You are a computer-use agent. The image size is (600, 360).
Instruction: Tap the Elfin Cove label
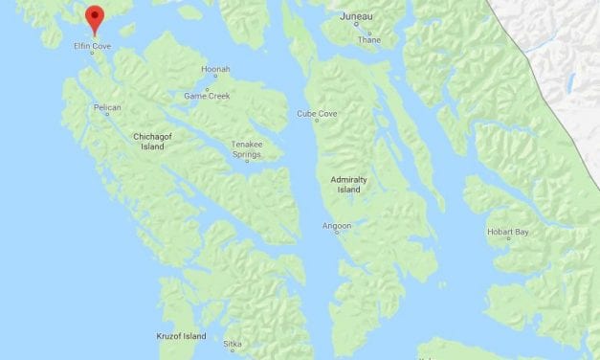click(x=94, y=44)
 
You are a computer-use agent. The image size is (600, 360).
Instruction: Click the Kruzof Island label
click(x=182, y=336)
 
